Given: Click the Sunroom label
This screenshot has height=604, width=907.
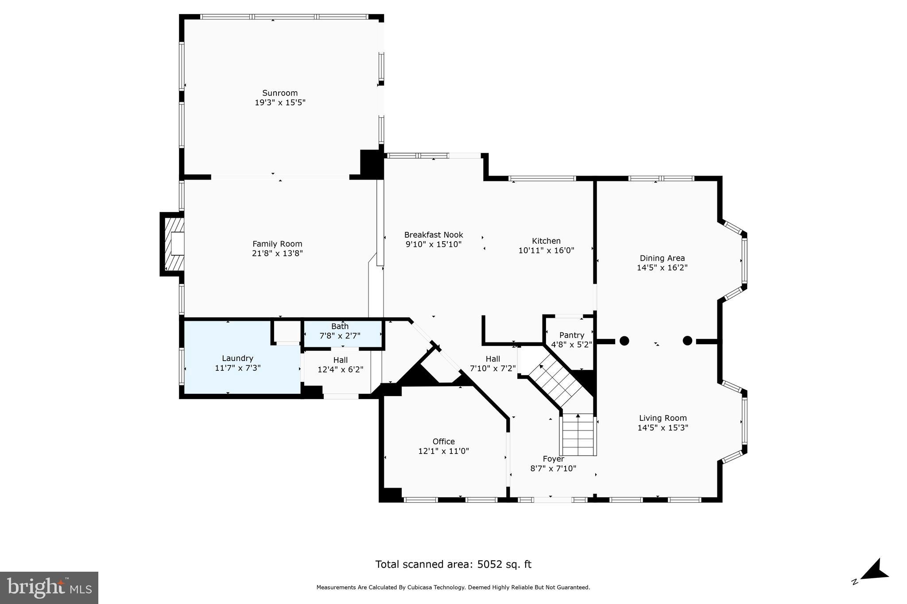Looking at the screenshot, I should tap(280, 93).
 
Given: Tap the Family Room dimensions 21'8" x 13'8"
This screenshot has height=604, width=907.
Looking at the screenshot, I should tap(277, 254).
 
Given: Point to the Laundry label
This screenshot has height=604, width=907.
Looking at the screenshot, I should tap(237, 358).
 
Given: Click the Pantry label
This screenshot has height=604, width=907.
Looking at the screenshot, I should tap(572, 335).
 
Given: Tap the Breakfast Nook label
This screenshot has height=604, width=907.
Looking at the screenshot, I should tap(434, 235).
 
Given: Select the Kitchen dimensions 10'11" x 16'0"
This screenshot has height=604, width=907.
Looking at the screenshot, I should tap(546, 250).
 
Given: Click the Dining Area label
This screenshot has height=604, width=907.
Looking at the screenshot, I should tap(662, 258).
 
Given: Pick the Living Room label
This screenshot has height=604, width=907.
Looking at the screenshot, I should tap(663, 418).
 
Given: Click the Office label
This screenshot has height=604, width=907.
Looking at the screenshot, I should tap(443, 442).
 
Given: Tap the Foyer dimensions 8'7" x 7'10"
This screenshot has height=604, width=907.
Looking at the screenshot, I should tap(553, 469).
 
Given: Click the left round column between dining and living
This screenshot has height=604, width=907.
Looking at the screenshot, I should tap(624, 341).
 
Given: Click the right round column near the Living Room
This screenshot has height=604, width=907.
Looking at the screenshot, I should tap(687, 340).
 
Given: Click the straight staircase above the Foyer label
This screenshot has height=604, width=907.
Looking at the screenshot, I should tap(578, 435).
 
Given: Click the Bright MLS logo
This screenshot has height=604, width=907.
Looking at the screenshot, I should tap(49, 588).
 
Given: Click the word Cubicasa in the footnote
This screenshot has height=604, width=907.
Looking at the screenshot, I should tap(423, 588).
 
